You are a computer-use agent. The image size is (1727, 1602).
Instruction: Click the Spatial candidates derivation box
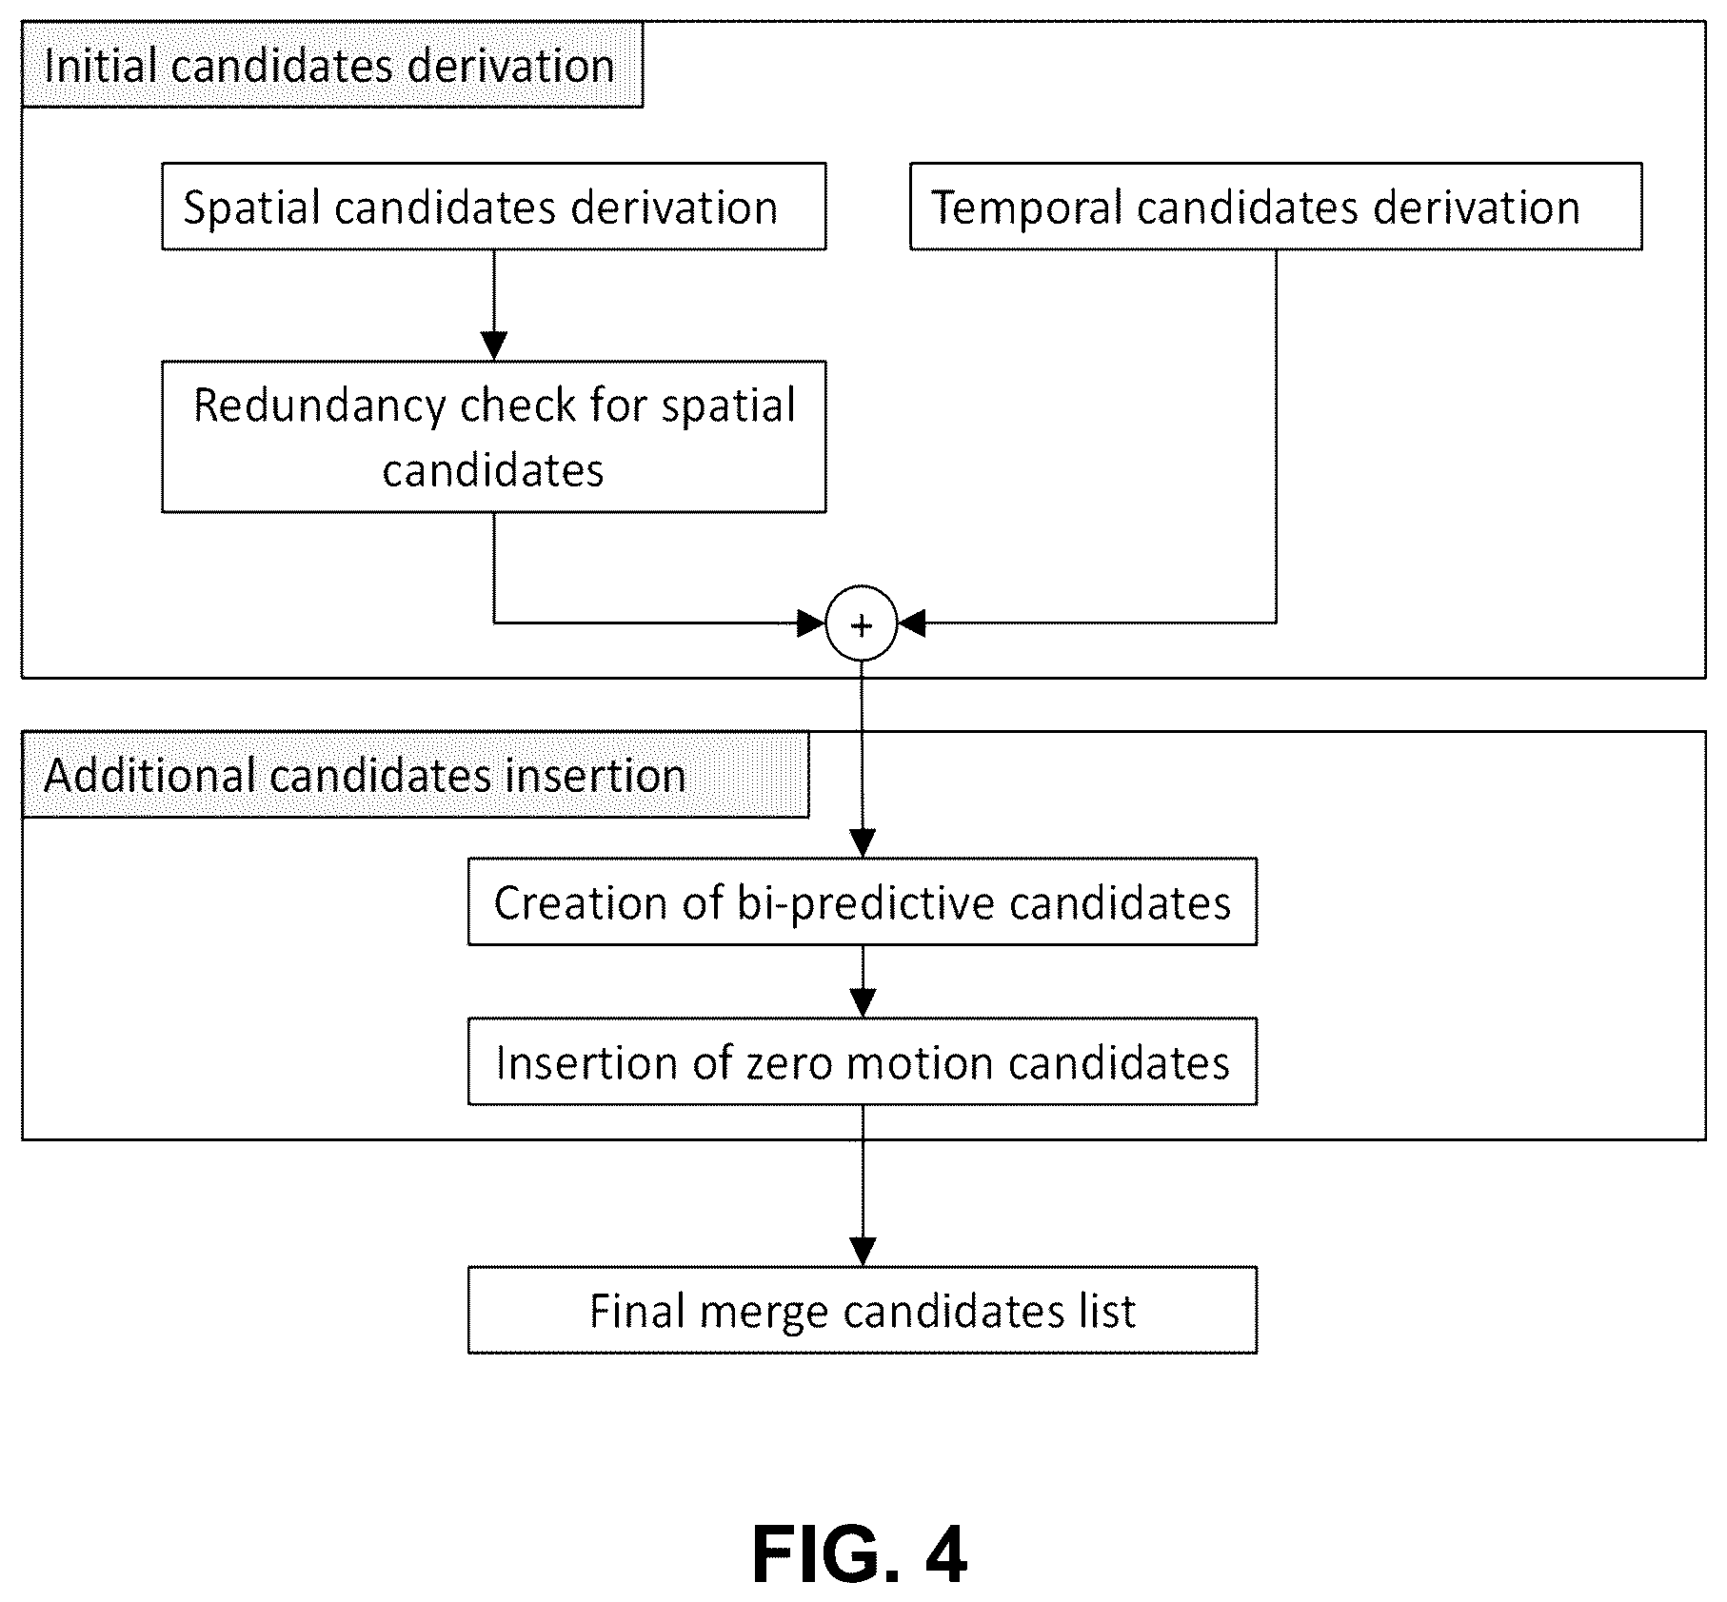493,207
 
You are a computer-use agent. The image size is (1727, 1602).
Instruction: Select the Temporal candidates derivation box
1276,207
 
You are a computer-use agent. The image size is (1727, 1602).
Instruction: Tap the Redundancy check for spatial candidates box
493,437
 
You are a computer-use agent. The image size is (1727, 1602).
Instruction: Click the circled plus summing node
862,624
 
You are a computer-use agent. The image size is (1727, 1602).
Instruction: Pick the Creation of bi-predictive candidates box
863,901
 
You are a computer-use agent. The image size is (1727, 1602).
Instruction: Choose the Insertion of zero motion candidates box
863,1061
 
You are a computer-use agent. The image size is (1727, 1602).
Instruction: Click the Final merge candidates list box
863,1310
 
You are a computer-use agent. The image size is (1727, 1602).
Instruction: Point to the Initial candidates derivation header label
332,65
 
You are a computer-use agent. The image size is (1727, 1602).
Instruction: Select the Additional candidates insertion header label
415,775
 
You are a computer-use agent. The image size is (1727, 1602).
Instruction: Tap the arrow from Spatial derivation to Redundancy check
493,306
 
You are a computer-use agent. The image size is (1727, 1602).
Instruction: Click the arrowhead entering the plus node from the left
811,624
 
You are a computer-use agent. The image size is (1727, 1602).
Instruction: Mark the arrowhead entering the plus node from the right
912,624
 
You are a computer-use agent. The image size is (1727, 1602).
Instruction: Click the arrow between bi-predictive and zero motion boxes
863,981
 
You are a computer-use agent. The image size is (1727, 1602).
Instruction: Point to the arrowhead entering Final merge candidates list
863,1252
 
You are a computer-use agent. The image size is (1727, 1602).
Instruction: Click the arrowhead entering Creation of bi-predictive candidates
862,843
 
